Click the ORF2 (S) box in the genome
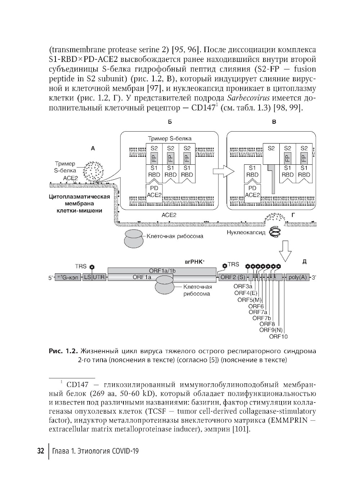(x=232, y=277)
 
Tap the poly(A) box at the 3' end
(x=298, y=277)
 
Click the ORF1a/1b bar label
(x=162, y=270)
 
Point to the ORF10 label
(x=278, y=337)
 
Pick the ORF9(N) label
(x=271, y=330)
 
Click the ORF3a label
(x=243, y=286)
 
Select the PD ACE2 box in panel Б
(x=154, y=192)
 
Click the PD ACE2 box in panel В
(x=252, y=192)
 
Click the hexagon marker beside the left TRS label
(x=92, y=267)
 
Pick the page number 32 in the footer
(x=41, y=451)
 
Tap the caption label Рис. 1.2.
(x=63, y=351)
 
